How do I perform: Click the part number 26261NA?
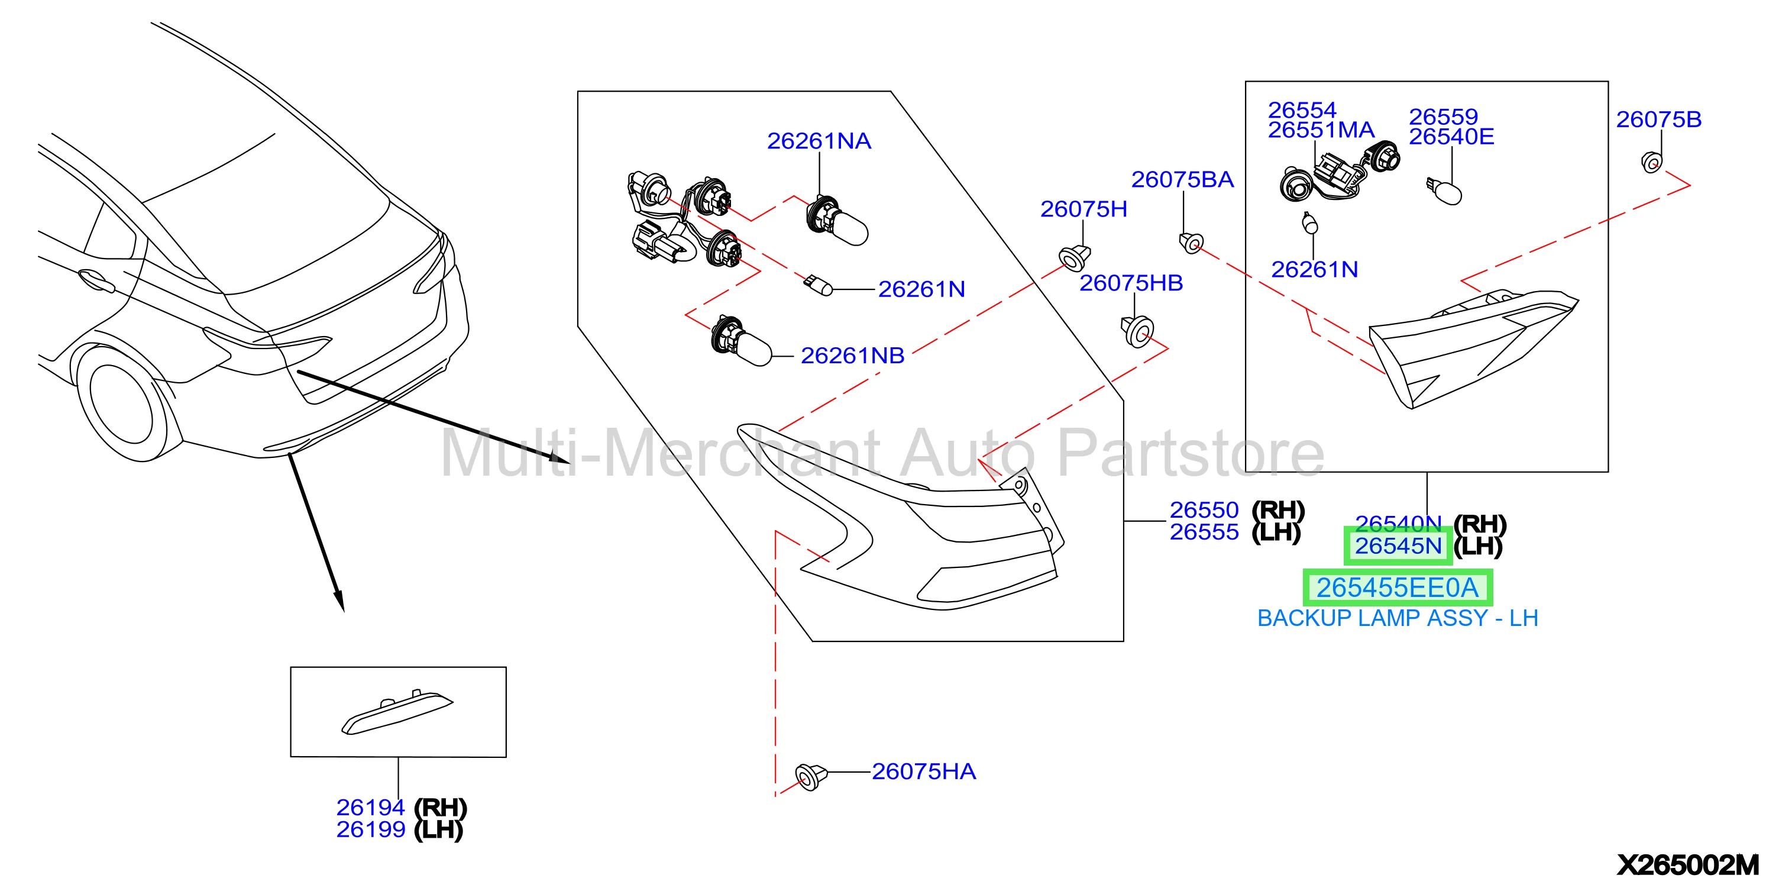[819, 141]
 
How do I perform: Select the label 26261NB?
[852, 356]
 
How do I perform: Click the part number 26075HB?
[1131, 283]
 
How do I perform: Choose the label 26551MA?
[1321, 130]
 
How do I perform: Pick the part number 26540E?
[1451, 137]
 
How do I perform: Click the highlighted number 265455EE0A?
[1397, 588]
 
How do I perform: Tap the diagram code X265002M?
[1688, 864]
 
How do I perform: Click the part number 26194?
[370, 808]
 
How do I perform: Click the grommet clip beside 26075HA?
[811, 776]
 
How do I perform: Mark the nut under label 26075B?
[1651, 163]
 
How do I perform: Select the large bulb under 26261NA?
[836, 221]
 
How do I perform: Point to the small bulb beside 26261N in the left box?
[819, 284]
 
